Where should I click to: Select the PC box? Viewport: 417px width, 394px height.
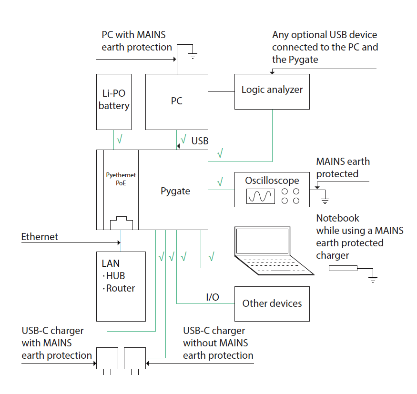176,101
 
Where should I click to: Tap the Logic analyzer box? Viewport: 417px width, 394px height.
272,91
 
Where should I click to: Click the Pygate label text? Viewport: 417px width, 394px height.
175,192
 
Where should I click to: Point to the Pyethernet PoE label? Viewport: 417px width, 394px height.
121,179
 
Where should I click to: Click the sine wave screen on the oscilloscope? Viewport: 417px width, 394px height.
261,196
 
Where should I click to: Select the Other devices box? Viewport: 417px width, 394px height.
272,303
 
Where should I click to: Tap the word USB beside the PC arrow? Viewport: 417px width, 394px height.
200,141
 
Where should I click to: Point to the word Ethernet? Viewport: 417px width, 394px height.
40,237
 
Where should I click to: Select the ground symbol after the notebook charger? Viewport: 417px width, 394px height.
373,278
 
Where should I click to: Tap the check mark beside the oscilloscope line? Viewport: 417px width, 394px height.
220,182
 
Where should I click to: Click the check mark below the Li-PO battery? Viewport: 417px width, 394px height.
120,139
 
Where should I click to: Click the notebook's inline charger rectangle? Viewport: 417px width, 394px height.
343,268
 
